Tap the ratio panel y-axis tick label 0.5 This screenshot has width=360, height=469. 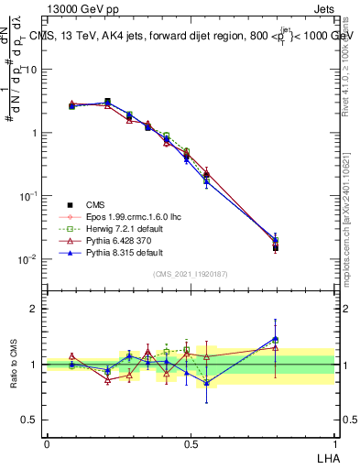(30, 420)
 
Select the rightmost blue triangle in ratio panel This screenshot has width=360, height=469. (275, 339)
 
